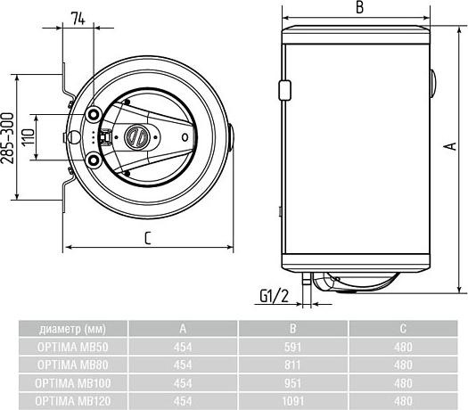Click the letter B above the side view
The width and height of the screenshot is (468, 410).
point(358,8)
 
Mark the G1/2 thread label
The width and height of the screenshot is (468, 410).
point(273,294)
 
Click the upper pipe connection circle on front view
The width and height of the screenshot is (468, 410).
point(95,114)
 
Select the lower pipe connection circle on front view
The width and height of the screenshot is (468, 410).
point(95,160)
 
